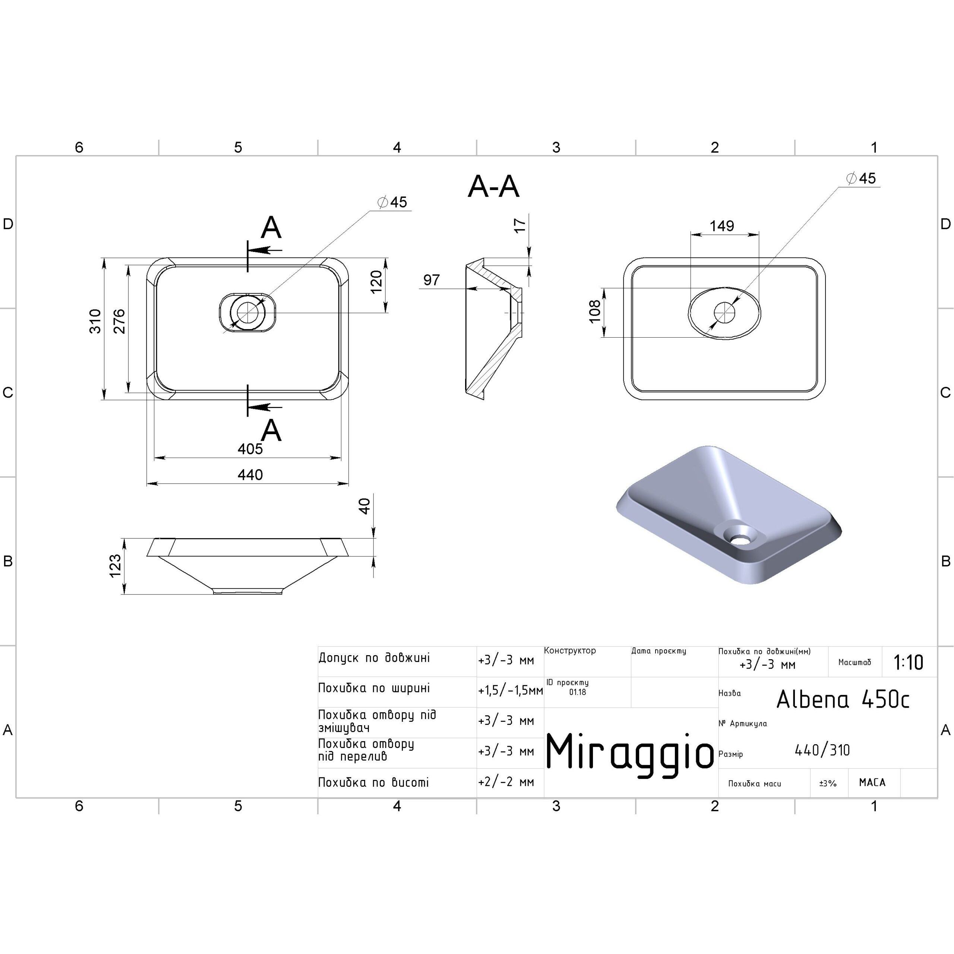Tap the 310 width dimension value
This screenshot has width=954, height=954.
pyautogui.click(x=95, y=322)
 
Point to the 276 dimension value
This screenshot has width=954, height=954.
pyautogui.click(x=120, y=322)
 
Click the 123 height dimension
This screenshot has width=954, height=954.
pyautogui.click(x=115, y=566)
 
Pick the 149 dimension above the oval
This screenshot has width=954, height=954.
pyautogui.click(x=722, y=226)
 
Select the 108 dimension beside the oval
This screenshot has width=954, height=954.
pyautogui.click(x=595, y=311)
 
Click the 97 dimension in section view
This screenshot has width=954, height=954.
pyautogui.click(x=432, y=280)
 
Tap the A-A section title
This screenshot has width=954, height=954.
pyautogui.click(x=493, y=187)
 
